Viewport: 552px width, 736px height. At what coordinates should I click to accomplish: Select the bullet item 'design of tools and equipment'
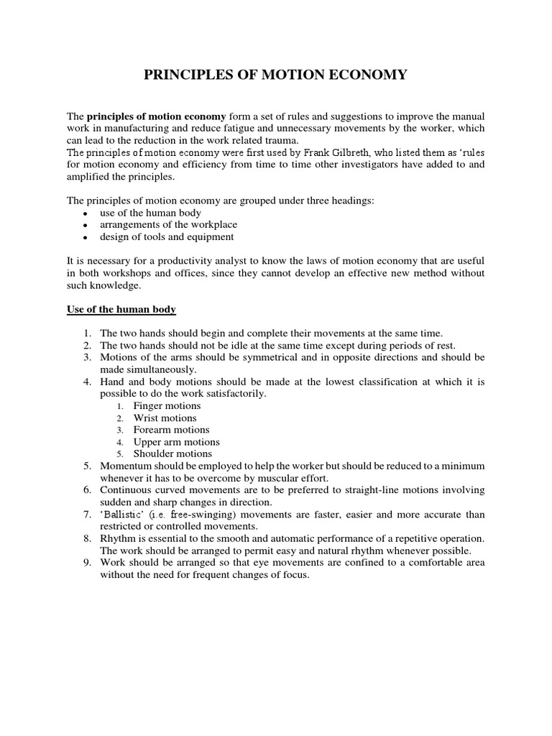coord(167,236)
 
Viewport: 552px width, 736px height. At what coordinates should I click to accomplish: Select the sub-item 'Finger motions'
coord(167,406)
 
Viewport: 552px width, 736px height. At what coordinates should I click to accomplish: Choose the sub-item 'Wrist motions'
coord(165,418)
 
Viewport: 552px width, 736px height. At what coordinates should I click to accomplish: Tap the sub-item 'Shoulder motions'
coord(172,454)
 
